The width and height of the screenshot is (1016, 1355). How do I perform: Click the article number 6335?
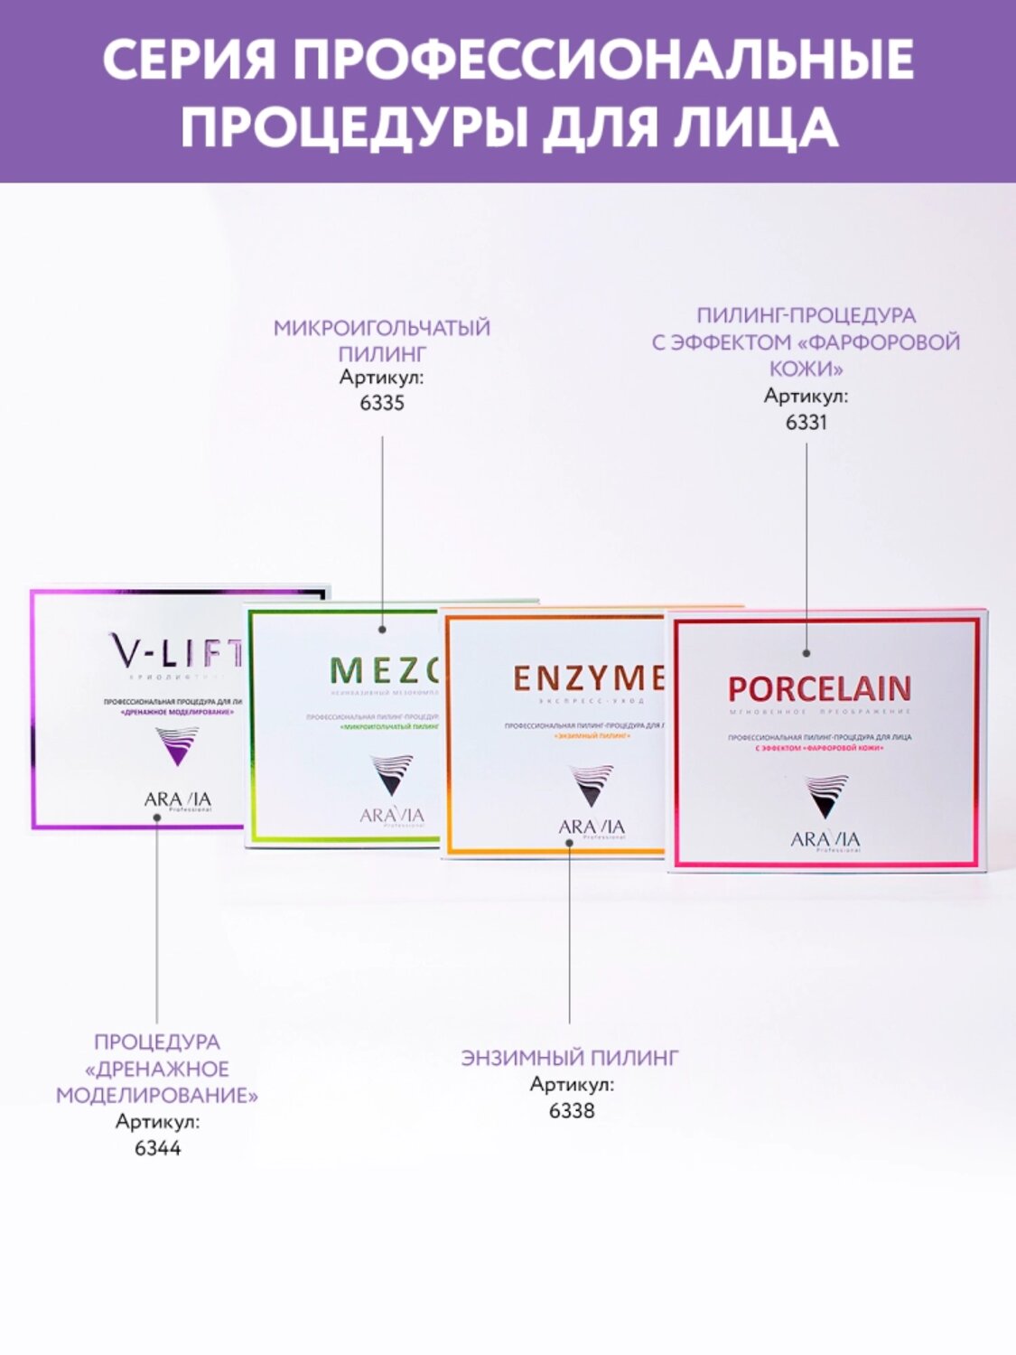pos(382,403)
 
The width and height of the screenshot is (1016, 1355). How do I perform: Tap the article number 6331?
pos(806,422)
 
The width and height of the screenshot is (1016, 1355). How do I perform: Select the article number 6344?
pos(157,1148)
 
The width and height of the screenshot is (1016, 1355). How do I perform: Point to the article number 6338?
pos(572,1110)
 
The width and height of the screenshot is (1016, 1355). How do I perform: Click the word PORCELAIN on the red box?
pos(819,688)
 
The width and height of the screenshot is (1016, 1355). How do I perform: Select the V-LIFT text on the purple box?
pos(176,650)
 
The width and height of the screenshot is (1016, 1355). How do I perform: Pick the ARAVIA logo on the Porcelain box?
pos(825,840)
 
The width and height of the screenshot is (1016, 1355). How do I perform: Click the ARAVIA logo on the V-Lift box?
pos(177,799)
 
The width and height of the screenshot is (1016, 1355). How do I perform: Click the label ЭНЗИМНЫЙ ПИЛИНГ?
pos(570,1058)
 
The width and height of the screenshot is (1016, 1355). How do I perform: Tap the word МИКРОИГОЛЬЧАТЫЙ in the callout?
pos(382,328)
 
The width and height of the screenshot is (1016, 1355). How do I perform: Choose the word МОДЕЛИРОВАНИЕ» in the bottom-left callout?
pos(157,1096)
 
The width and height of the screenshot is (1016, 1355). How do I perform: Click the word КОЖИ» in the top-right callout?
pos(806,369)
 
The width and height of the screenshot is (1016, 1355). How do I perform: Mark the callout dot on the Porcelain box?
pos(806,652)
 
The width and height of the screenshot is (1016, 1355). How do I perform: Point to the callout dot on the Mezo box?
pos(382,629)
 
